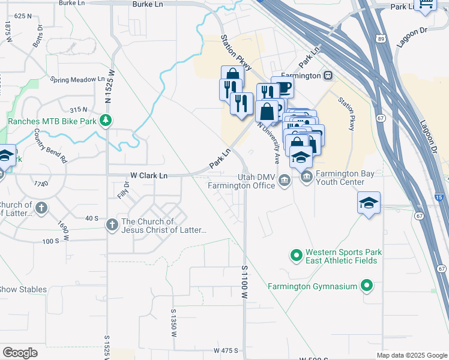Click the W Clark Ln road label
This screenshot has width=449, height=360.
(149, 175)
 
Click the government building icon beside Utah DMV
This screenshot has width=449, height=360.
(285, 181)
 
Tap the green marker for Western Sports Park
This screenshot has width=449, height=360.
(295, 256)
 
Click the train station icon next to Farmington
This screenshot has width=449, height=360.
(328, 76)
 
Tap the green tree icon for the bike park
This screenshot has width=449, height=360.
(106, 121)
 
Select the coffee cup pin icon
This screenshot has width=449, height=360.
(282, 88)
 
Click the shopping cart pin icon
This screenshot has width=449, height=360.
(426, 7)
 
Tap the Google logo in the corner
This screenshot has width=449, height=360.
(20, 353)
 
